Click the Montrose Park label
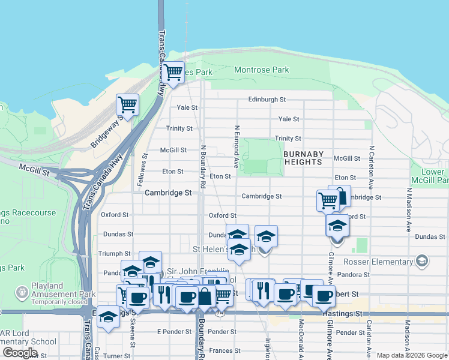(x=261, y=70)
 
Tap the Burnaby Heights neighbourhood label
(x=303, y=158)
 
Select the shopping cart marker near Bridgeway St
(x=127, y=105)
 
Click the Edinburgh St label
(x=267, y=99)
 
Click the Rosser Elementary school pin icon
(x=423, y=260)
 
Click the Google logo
(x=20, y=353)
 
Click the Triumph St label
(x=114, y=254)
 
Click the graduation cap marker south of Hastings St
(x=108, y=317)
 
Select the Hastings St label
(x=342, y=314)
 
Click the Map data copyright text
(x=411, y=355)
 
